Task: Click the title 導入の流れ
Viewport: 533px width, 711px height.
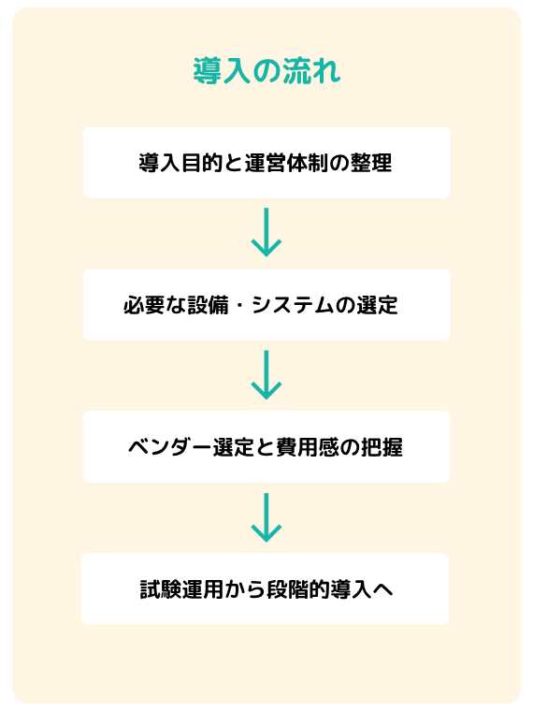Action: click(266, 71)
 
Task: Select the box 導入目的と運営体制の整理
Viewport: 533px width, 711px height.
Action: click(266, 163)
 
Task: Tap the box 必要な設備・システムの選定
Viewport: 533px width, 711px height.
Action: click(266, 305)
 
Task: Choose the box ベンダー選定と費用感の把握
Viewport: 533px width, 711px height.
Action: click(266, 446)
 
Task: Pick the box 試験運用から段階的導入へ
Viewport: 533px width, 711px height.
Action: click(266, 588)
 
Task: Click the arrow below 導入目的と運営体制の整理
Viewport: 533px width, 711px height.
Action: click(266, 232)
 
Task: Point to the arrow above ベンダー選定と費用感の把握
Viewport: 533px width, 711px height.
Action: click(266, 374)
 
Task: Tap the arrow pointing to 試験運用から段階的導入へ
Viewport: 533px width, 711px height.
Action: click(266, 517)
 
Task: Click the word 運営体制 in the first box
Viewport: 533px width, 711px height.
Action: click(286, 163)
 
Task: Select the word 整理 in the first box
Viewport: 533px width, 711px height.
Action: click(370, 163)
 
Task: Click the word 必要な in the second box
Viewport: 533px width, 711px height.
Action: click(154, 305)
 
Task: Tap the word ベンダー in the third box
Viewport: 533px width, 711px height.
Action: click(170, 447)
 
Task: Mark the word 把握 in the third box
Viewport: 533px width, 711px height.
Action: click(382, 447)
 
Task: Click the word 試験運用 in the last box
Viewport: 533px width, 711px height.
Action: click(181, 589)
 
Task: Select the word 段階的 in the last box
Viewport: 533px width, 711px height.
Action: click(297, 589)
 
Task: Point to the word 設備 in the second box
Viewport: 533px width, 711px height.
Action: click(208, 305)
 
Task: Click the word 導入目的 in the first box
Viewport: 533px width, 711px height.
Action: click(180, 163)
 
